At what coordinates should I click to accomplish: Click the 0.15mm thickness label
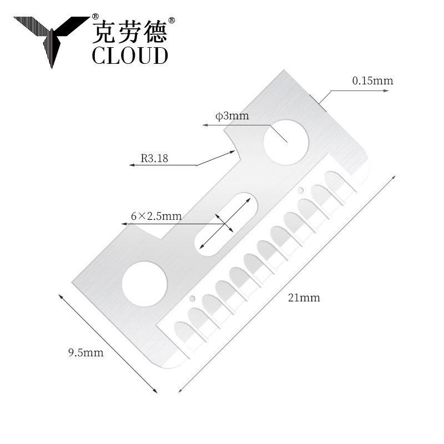coord(372,81)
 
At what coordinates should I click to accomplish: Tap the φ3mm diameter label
coord(232,117)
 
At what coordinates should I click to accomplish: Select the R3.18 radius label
coord(154,158)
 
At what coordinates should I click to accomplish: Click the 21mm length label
coord(304,298)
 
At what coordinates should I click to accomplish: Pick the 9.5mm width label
coord(85,352)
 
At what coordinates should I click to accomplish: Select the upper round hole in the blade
coord(286,141)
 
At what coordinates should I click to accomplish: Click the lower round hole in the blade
coord(144,284)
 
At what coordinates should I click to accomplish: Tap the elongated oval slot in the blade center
coord(226,224)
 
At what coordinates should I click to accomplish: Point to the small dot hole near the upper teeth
coord(300,191)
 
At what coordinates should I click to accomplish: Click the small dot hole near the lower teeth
coord(193,299)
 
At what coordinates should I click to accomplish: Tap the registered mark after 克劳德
coord(171,20)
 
